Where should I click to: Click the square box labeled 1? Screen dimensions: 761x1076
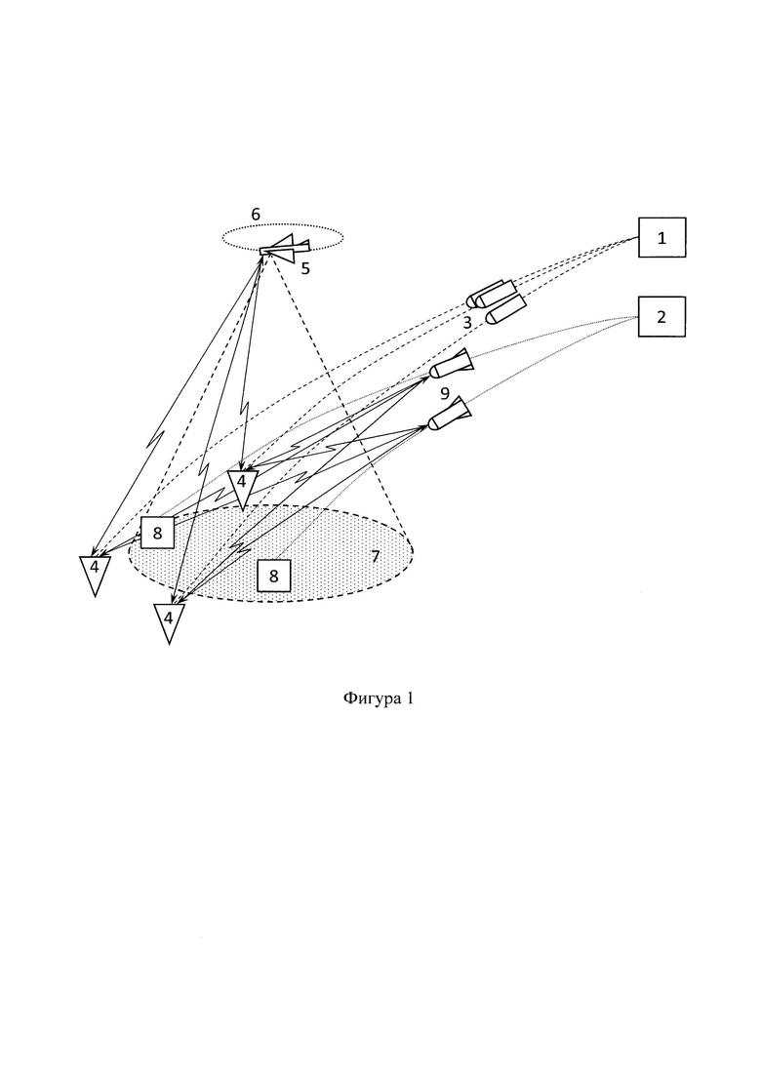pos(661,237)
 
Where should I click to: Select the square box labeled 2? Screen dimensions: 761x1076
pos(661,316)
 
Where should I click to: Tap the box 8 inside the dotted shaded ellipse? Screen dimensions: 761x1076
pos(274,575)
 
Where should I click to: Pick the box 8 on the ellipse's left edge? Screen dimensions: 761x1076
pos(157,533)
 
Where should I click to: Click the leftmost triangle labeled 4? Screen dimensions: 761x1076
pos(95,574)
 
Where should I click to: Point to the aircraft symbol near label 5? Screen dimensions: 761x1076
pos(284,249)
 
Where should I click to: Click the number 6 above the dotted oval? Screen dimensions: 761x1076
pos(256,215)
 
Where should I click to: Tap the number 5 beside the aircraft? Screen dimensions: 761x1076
pos(305,269)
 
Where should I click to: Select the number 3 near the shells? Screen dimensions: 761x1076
pos(467,323)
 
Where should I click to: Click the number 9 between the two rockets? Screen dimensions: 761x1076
pos(445,394)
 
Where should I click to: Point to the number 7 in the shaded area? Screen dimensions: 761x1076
pos(376,556)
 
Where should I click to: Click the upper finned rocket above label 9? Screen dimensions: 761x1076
pos(451,365)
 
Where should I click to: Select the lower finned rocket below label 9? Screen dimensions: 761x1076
pos(450,414)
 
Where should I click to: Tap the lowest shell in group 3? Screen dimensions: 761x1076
pos(505,311)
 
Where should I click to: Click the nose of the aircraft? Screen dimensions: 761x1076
pos(261,251)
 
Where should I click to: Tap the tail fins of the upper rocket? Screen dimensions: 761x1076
pos(464,359)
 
